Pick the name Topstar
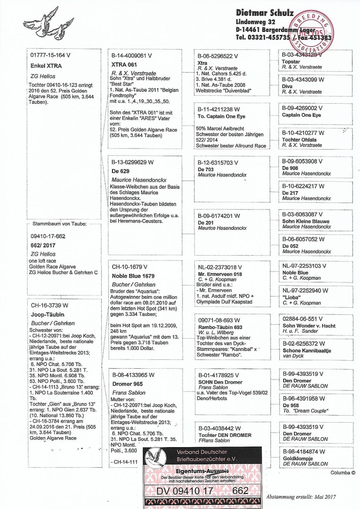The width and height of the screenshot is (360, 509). [x=291, y=61]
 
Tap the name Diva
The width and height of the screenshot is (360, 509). [x=286, y=86]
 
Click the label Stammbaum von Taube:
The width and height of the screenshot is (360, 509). [x=59, y=224]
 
